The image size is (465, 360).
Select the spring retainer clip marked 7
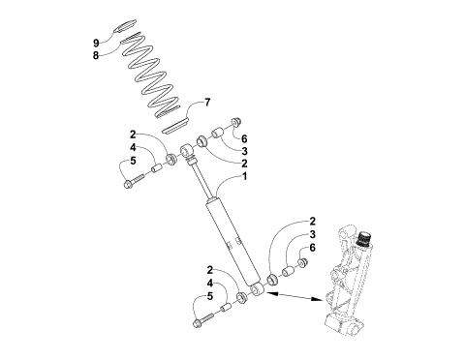173,125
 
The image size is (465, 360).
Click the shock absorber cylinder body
230,237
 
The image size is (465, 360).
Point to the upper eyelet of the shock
190,152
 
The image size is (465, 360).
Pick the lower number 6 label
312,248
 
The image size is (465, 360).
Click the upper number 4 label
133,148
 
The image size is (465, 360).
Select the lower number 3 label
312,234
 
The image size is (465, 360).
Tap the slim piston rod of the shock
201,180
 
